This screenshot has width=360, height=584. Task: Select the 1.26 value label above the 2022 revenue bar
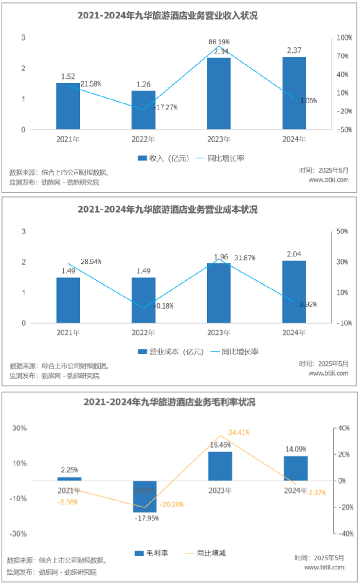point(143,84)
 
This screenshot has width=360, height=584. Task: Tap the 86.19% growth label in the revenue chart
point(219,42)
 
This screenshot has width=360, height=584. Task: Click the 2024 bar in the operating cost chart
point(294,292)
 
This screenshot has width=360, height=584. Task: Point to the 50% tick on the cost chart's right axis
point(342,231)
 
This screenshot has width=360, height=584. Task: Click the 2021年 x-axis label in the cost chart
point(68,333)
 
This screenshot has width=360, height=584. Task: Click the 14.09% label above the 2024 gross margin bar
point(295,449)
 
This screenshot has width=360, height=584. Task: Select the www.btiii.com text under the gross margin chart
point(324,567)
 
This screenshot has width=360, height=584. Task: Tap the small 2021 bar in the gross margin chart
point(69,479)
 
